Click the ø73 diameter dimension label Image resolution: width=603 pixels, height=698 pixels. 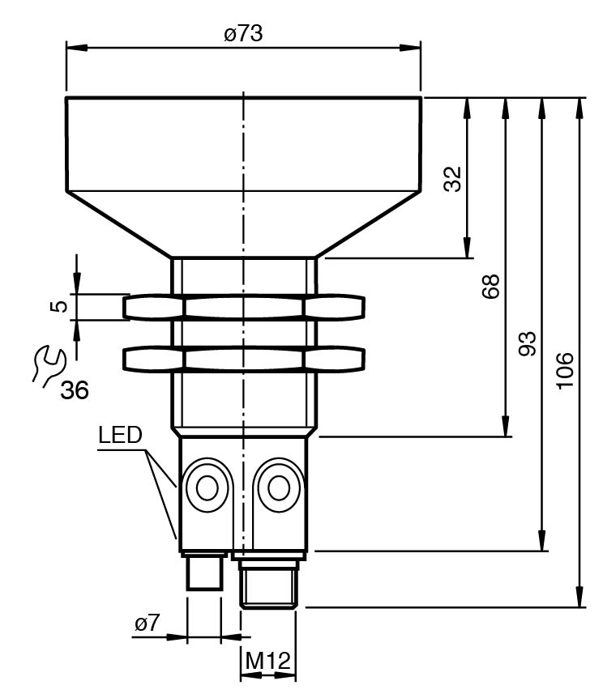(243, 34)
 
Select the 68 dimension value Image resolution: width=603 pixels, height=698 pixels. (490, 287)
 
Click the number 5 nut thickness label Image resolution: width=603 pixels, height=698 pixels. (56, 307)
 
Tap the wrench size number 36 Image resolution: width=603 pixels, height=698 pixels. (75, 390)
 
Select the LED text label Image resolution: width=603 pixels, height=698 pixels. (120, 435)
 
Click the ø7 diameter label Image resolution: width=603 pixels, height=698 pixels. (148, 624)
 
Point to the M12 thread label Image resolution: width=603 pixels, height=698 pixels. (268, 662)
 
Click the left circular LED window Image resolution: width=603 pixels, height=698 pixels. (206, 488)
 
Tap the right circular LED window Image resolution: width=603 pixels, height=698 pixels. (279, 488)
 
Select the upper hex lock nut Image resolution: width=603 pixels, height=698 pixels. (244, 307)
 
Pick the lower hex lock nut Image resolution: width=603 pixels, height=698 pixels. (244, 358)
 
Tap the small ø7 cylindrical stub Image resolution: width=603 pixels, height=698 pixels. (203, 572)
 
